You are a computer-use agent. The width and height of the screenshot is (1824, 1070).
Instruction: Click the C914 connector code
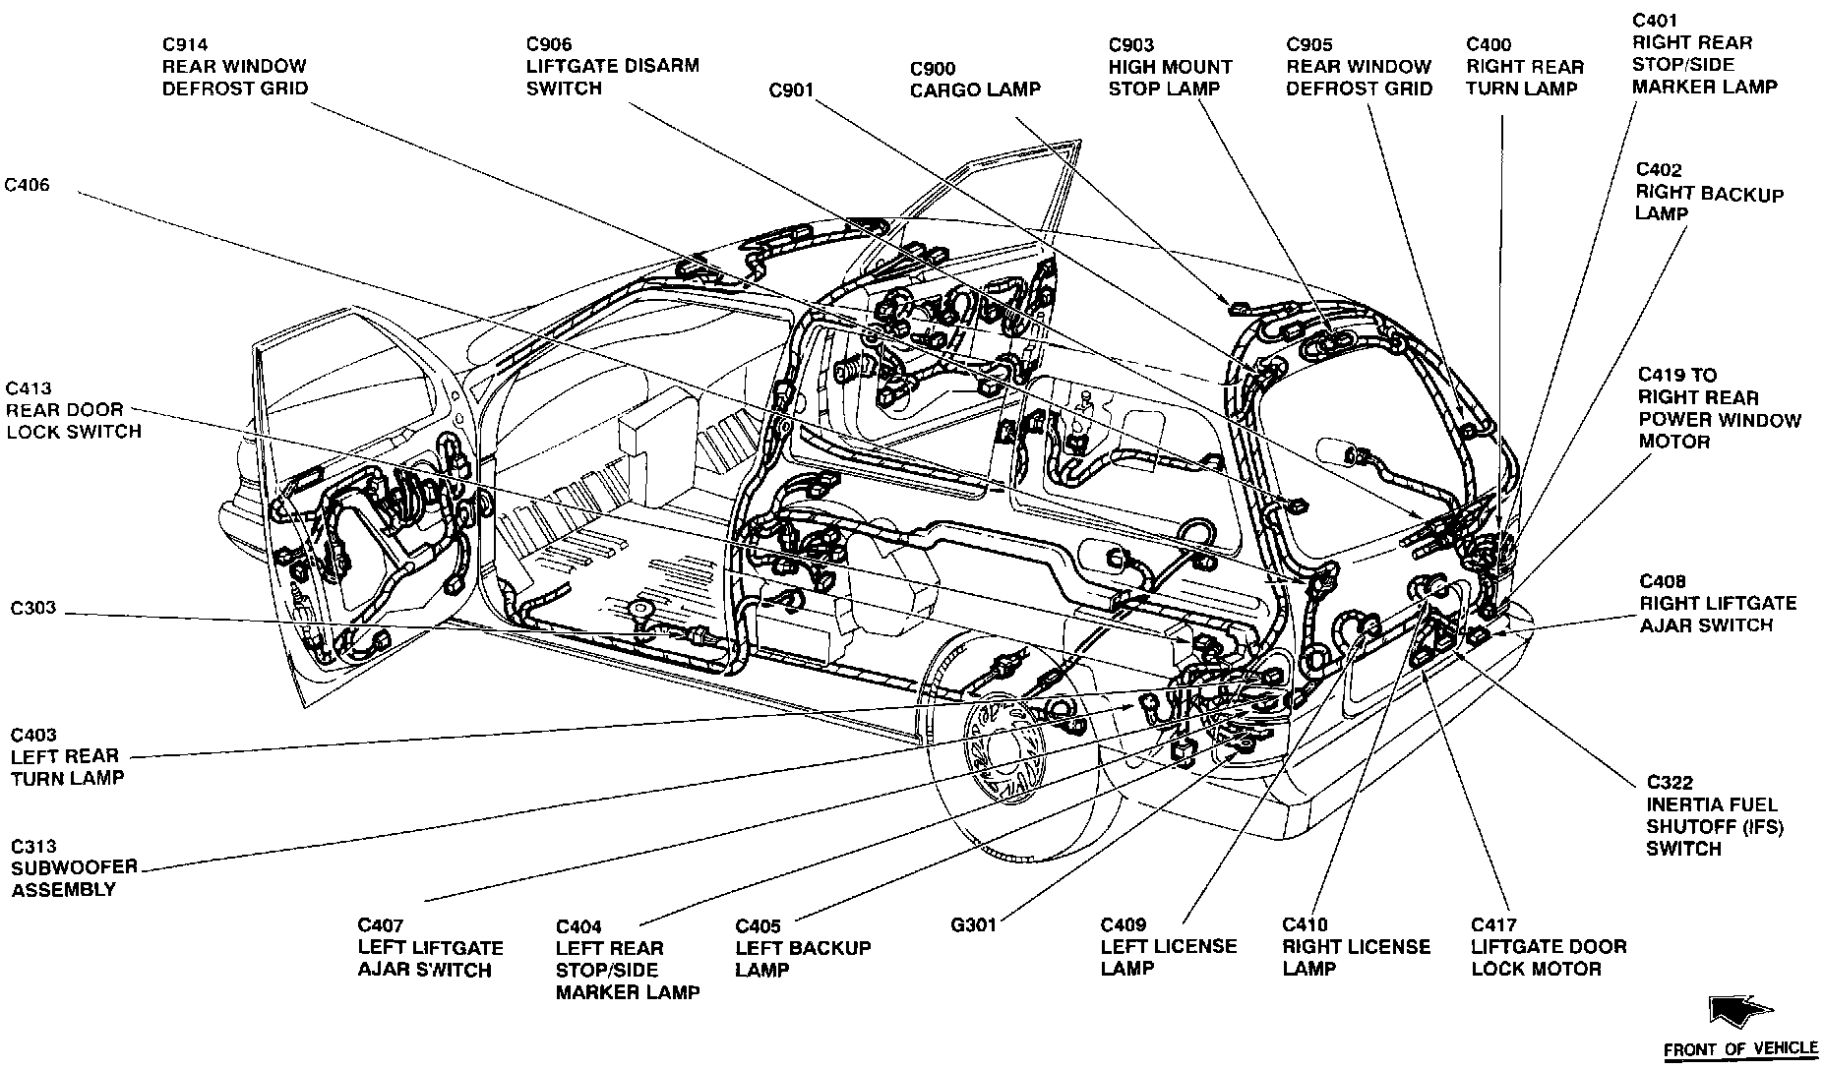pyautogui.click(x=185, y=44)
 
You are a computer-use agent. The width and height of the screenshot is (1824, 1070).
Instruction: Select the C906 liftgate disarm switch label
pyautogui.click(x=612, y=66)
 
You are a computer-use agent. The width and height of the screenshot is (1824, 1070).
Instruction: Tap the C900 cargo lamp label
pyautogui.click(x=974, y=79)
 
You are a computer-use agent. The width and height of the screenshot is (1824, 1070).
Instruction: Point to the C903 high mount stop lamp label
pyautogui.click(x=1170, y=66)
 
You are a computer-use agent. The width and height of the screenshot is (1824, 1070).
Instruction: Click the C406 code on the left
pyautogui.click(x=27, y=185)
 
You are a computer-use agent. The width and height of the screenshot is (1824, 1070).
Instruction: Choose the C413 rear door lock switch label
pyautogui.click(x=73, y=410)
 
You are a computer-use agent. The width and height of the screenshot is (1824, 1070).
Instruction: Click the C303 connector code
pyautogui.click(x=33, y=609)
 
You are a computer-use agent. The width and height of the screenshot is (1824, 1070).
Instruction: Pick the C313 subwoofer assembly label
pyautogui.click(x=74, y=867)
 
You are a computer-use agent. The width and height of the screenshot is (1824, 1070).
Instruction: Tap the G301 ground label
pyautogui.click(x=973, y=924)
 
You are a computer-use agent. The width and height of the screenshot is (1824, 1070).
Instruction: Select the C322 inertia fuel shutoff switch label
pyautogui.click(x=1714, y=815)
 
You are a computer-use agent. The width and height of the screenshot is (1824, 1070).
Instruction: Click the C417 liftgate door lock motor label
pyautogui.click(x=1548, y=946)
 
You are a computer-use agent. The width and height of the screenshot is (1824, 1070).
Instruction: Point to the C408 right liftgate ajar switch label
pyautogui.click(x=1717, y=603)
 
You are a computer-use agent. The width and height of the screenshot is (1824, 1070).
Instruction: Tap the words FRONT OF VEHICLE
pyautogui.click(x=1739, y=1049)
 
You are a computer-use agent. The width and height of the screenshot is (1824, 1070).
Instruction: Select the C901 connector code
pyautogui.click(x=791, y=90)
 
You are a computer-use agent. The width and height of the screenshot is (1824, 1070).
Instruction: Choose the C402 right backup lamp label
pyautogui.click(x=1709, y=192)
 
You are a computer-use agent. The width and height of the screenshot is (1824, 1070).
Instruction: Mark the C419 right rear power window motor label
pyautogui.click(x=1719, y=408)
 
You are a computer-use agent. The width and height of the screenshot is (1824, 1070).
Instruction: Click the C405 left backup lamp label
pyautogui.click(x=802, y=948)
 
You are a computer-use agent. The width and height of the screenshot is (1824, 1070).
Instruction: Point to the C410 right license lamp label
pyautogui.click(x=1356, y=946)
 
